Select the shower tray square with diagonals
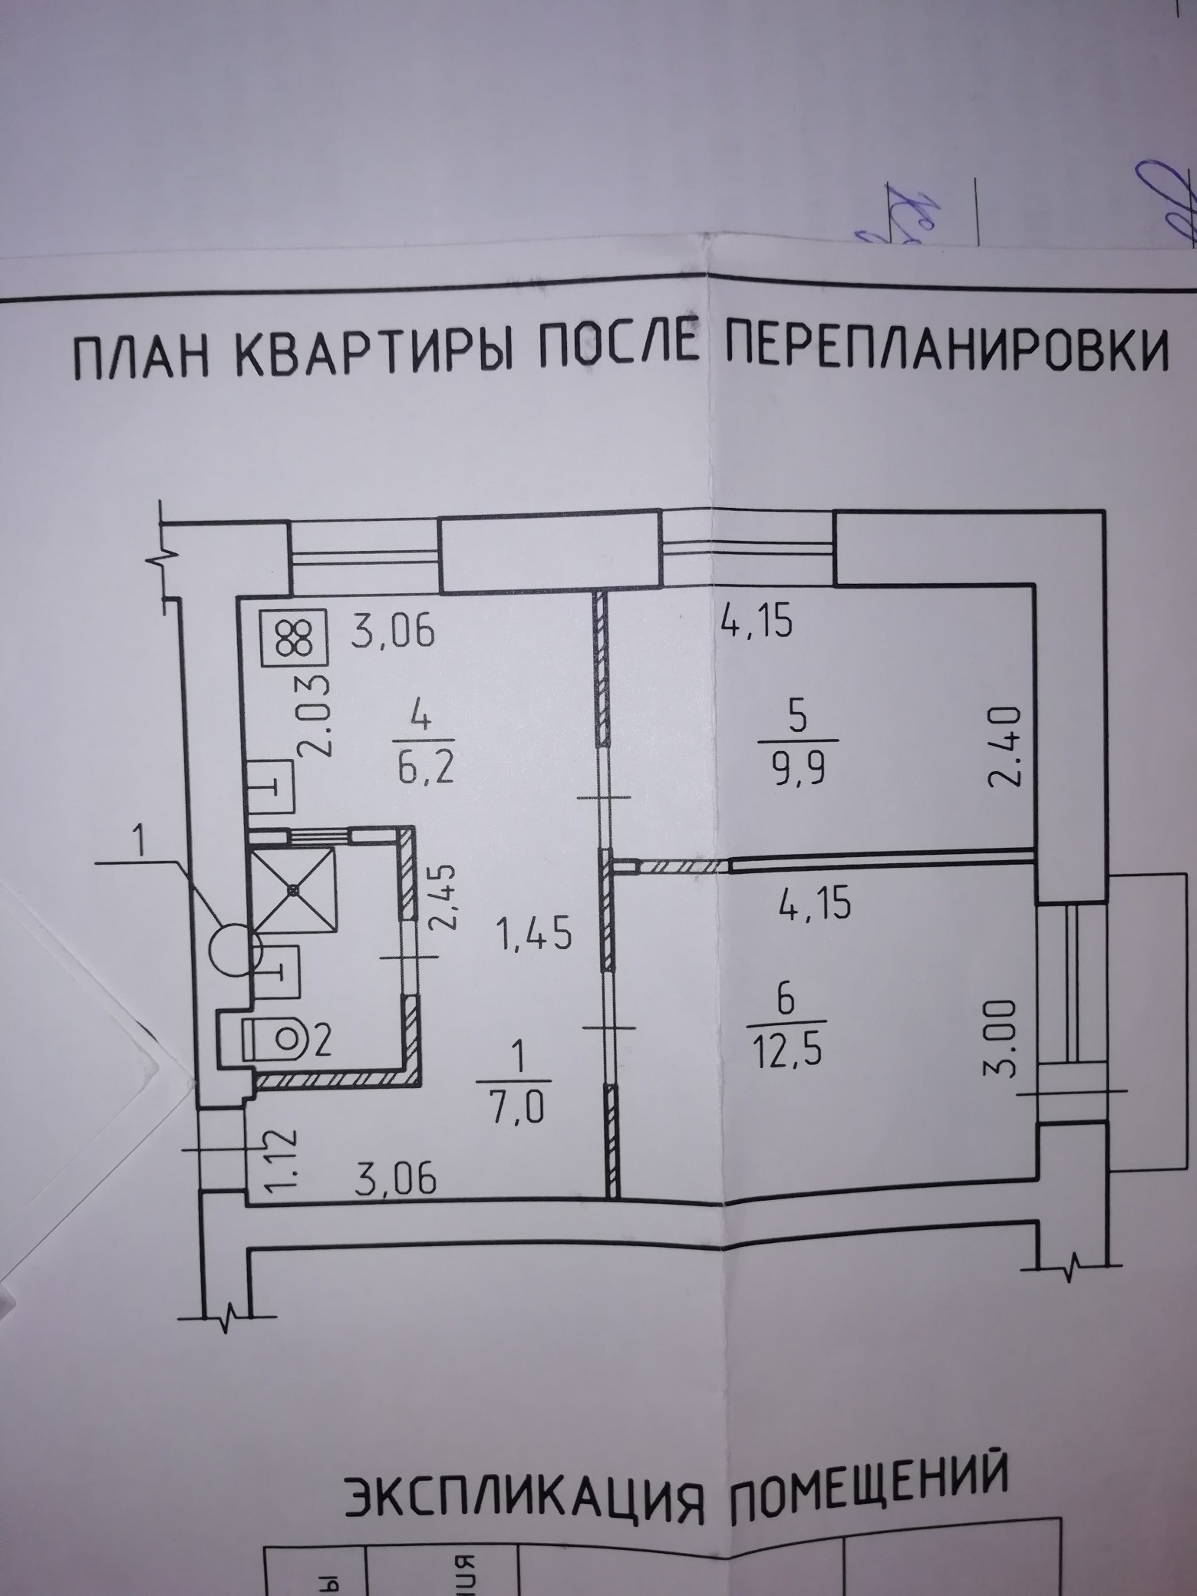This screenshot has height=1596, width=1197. [x=294, y=889]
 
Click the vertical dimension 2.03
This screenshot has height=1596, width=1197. [x=316, y=715]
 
